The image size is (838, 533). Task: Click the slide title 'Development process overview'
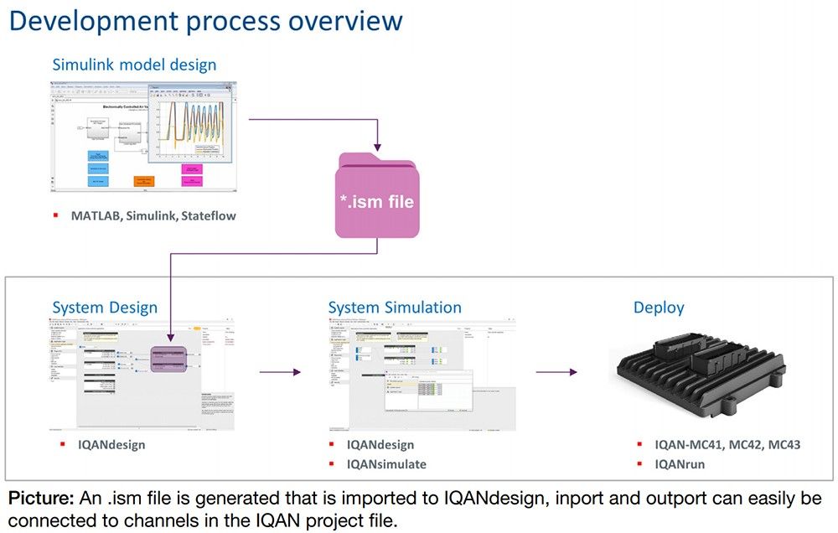pyautogui.click(x=205, y=21)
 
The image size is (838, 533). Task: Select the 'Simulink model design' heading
pyautogui.click(x=134, y=65)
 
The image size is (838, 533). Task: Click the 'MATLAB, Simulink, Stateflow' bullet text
pyautogui.click(x=153, y=215)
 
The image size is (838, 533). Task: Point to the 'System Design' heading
pyautogui.click(x=105, y=308)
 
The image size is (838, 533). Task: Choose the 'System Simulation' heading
pyautogui.click(x=394, y=308)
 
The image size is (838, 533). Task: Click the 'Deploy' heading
pyautogui.click(x=659, y=308)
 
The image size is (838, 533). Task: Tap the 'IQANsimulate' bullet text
pyautogui.click(x=387, y=464)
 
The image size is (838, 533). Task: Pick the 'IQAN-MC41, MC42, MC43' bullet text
pyautogui.click(x=728, y=445)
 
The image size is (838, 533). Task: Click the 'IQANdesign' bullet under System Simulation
pyautogui.click(x=380, y=445)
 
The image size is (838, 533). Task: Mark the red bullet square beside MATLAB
pyautogui.click(x=56, y=215)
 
